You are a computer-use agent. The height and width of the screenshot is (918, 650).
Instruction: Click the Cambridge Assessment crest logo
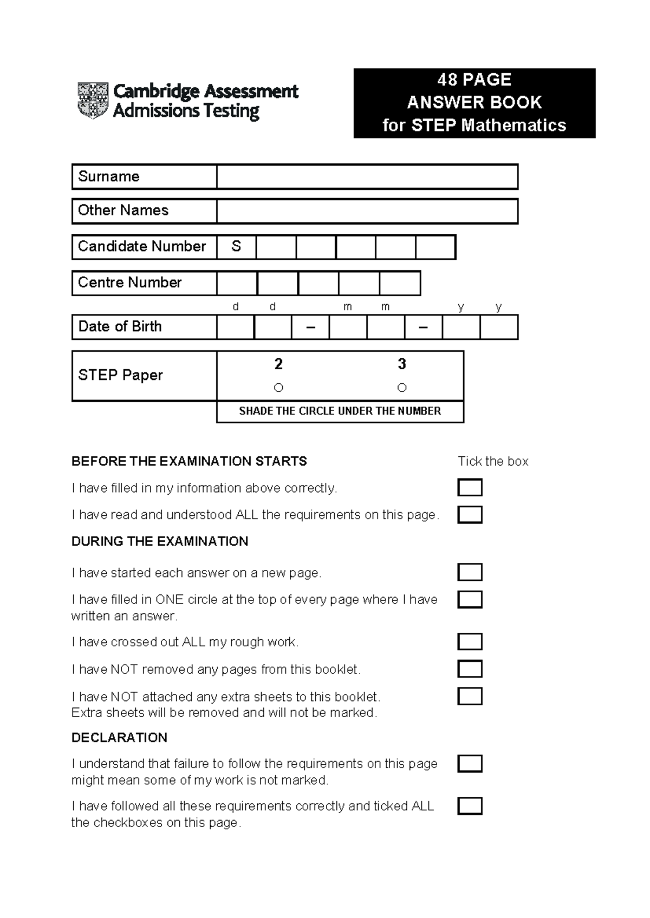[93, 101]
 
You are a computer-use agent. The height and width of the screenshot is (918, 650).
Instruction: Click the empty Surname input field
[367, 177]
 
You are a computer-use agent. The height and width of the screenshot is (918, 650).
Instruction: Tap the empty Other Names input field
[367, 211]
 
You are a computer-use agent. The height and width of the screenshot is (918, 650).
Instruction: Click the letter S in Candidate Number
[236, 247]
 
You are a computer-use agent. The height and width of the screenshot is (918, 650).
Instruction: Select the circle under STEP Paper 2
[278, 388]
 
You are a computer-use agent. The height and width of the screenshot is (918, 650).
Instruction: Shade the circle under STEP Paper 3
[401, 388]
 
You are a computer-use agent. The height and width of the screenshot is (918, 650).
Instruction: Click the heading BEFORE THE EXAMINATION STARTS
[189, 461]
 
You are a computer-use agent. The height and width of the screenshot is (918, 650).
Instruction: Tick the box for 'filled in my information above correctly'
[470, 488]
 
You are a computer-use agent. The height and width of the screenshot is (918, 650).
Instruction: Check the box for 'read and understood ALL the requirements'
[470, 515]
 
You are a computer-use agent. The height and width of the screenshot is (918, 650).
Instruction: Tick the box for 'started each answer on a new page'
[470, 572]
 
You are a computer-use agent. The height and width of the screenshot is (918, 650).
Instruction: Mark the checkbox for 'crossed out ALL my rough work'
[470, 642]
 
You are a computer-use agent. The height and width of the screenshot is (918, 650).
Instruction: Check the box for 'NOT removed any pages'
[470, 669]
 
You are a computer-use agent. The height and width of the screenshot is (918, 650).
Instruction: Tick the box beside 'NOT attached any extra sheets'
[470, 696]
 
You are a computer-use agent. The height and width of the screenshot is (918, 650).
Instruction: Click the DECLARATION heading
[119, 738]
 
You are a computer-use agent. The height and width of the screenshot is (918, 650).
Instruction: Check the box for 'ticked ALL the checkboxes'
[470, 806]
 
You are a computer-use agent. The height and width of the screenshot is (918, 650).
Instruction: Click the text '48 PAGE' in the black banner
[474, 80]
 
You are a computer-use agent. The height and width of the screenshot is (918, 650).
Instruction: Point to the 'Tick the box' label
[493, 462]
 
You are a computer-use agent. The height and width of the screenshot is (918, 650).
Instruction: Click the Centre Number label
[130, 283]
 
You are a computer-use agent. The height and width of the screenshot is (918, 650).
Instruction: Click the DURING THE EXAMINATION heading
[160, 541]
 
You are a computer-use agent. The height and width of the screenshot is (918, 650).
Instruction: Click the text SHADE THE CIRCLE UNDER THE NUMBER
[340, 411]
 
